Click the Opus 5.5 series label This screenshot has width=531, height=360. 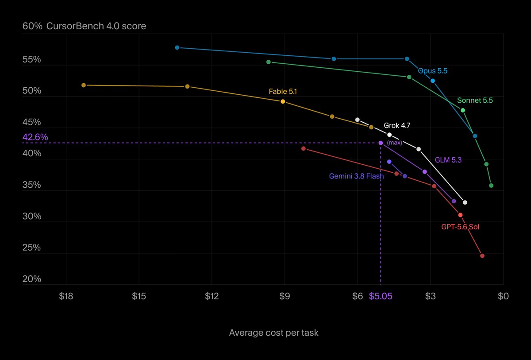pyautogui.click(x=433, y=71)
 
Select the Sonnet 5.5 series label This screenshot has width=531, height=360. pyautogui.click(x=475, y=101)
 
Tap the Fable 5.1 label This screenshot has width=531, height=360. pyautogui.click(x=283, y=91)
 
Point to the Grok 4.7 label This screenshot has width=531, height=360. pyautogui.click(x=397, y=125)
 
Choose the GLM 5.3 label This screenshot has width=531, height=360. pyautogui.click(x=448, y=160)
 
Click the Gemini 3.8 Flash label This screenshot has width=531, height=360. pyautogui.click(x=356, y=176)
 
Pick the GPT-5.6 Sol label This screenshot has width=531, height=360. pyautogui.click(x=460, y=227)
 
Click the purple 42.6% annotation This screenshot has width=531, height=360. pyautogui.click(x=35, y=137)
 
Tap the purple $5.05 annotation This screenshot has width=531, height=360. pyautogui.click(x=381, y=296)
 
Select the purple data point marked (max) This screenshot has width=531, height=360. pyautogui.click(x=381, y=143)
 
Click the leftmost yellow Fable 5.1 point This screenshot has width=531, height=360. pyautogui.click(x=84, y=85)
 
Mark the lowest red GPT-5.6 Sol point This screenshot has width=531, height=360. pyautogui.click(x=482, y=255)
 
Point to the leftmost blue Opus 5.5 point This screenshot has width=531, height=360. pyautogui.click(x=177, y=48)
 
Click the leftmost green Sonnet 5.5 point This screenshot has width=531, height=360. pyautogui.click(x=269, y=62)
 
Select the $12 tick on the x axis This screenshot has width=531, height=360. pyautogui.click(x=212, y=296)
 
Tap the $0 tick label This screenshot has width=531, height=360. pyautogui.click(x=503, y=296)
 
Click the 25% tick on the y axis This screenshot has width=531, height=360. pyautogui.click(x=31, y=248)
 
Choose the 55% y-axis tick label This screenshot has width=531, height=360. pyautogui.click(x=31, y=59)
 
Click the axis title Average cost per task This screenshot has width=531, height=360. pyautogui.click(x=274, y=333)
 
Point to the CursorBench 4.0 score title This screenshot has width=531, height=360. pyautogui.click(x=96, y=26)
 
